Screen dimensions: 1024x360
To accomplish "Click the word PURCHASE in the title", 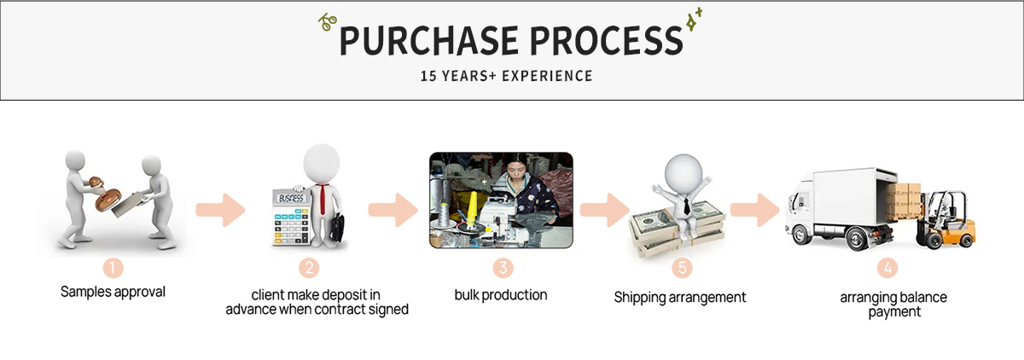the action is click(428, 40).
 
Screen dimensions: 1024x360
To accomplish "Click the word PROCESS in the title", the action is click(606, 40).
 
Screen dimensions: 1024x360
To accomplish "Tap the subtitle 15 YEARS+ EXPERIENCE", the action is click(506, 76).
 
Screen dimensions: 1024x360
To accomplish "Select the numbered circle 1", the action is click(113, 268).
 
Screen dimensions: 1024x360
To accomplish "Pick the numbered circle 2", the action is click(309, 268).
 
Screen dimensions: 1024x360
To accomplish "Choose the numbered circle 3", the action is click(503, 268).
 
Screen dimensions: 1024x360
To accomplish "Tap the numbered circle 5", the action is click(682, 268).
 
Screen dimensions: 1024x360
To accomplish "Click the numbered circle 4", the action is click(887, 268).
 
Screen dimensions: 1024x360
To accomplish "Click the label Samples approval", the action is click(113, 292).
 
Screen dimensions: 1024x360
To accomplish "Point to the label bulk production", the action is click(501, 295).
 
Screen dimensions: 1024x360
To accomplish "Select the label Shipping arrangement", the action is click(680, 298).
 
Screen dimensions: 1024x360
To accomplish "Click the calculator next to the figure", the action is click(292, 218).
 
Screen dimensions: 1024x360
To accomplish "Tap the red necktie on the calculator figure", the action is click(323, 200).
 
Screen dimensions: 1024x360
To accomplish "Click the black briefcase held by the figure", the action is click(337, 228).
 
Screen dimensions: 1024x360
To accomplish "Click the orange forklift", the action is click(945, 219).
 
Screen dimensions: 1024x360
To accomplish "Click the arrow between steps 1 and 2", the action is click(220, 210).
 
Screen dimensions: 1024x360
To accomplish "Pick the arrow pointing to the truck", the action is click(754, 210).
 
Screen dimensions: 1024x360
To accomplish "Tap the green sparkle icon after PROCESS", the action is click(694, 19).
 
